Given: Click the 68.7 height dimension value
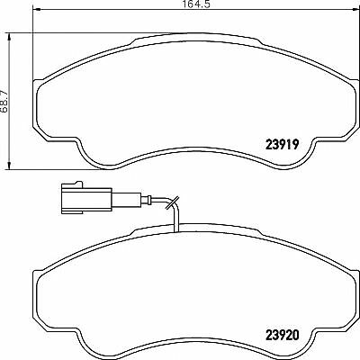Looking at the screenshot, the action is tap(4, 101).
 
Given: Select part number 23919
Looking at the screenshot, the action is tap(283, 145).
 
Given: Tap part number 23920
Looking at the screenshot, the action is tap(283, 335).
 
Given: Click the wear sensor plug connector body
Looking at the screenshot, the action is tap(86, 198).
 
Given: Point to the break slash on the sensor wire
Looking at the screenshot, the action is tap(172, 202).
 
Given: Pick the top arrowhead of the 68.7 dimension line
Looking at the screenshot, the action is tap(10, 38).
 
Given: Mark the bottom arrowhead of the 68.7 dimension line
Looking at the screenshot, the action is tap(10, 166).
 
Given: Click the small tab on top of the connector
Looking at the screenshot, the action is tap(77, 183).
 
